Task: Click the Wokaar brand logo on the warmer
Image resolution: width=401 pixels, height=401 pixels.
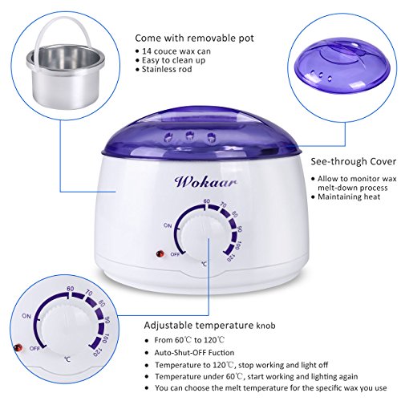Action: [205, 182]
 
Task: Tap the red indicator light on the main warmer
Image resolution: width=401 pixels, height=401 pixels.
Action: [160, 253]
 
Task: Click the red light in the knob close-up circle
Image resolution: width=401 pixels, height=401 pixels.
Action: [18, 348]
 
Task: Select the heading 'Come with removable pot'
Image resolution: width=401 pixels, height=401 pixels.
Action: [194, 38]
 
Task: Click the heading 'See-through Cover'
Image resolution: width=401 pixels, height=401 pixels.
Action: [353, 162]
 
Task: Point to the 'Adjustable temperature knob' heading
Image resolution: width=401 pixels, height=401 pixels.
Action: [209, 326]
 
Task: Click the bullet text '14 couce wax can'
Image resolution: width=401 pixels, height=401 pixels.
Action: [176, 51]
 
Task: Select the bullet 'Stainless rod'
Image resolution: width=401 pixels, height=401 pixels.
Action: [167, 69]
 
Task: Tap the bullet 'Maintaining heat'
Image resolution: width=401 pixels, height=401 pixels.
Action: [349, 196]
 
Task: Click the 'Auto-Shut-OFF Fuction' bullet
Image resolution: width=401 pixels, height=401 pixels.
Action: [194, 353]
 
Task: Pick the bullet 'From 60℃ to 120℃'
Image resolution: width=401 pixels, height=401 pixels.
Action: [189, 340]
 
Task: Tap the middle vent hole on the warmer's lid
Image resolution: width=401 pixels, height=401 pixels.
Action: [190, 136]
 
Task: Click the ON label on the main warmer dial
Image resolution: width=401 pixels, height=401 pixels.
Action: [168, 225]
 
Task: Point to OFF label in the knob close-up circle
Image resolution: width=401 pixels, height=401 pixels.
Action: [34, 349]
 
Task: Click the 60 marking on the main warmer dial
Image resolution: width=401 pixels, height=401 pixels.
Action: [206, 201]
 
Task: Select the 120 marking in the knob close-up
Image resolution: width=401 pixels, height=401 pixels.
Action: [97, 353]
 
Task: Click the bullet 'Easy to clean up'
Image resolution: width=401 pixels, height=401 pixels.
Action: [173, 60]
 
